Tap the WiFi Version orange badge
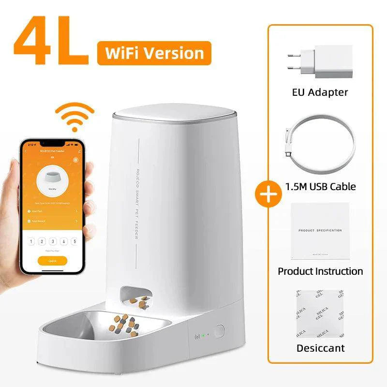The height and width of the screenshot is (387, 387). click(x=154, y=53)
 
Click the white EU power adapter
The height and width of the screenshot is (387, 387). click(x=320, y=62)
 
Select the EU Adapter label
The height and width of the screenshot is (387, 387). click(x=320, y=92)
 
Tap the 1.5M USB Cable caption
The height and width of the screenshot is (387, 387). click(x=320, y=186)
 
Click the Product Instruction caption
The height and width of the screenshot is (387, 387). click(x=320, y=271)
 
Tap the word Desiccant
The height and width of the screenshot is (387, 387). click(x=320, y=348)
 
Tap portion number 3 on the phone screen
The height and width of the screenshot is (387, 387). click(x=52, y=241)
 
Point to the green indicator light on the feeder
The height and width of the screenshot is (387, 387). click(x=204, y=335)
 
